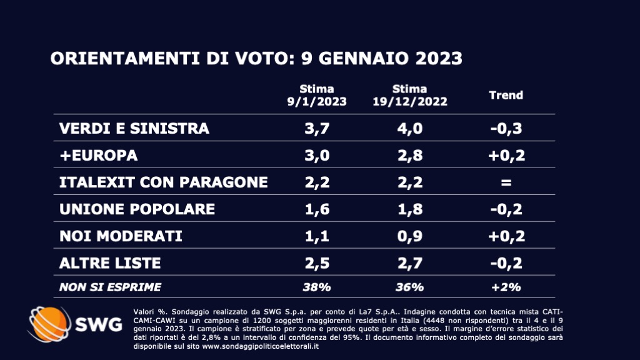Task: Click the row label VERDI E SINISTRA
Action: coord(134,129)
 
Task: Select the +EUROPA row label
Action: coord(98,155)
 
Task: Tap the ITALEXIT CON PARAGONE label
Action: coord(163,182)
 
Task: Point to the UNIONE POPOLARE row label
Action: coord(137,209)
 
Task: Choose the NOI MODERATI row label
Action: coord(121,236)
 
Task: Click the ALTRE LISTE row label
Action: coord(110,262)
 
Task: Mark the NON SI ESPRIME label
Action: coord(110,287)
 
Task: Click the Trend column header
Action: coord(506,96)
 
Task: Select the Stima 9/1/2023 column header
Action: coord(317,96)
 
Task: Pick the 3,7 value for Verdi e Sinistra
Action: coord(317,129)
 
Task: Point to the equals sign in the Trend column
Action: coord(506,182)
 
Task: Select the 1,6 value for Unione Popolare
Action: coord(317,209)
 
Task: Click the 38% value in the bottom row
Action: coord(317,287)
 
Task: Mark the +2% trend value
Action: coord(506,287)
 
